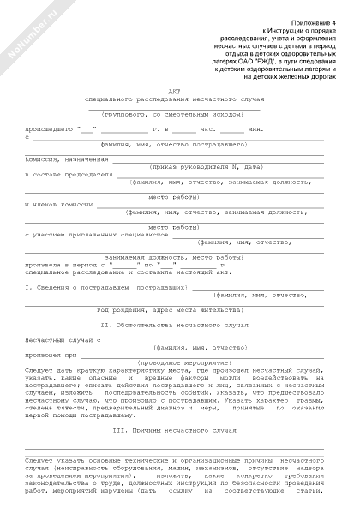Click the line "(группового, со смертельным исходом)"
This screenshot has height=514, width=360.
pyautogui.click(x=179, y=113)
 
